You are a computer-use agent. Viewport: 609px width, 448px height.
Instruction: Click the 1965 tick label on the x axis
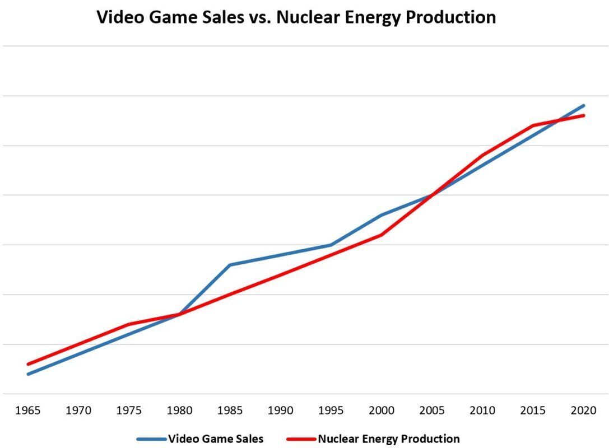pos(27,410)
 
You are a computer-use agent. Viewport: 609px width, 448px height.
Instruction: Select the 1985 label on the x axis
pos(230,410)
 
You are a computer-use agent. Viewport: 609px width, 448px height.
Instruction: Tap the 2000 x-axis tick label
pos(382,410)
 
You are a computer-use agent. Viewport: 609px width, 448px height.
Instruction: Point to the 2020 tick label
pos(583,410)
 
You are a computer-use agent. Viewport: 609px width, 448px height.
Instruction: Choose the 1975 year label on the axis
pos(129,410)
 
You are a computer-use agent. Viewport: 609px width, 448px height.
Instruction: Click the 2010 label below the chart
pos(482,410)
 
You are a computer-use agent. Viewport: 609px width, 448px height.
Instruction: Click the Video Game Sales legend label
pos(216,439)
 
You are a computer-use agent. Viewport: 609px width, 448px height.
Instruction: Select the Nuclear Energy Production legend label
pos(389,439)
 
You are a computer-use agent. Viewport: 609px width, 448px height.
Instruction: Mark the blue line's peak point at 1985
pos(230,265)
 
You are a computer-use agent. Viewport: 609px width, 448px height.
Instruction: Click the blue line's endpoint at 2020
pos(583,106)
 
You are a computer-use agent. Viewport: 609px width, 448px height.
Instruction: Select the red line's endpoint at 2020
pos(583,116)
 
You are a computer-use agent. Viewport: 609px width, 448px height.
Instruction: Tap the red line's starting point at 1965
pos(28,364)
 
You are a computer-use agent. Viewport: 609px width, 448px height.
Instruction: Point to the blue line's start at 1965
pos(28,374)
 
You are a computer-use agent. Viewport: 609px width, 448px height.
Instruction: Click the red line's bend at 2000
pos(382,235)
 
